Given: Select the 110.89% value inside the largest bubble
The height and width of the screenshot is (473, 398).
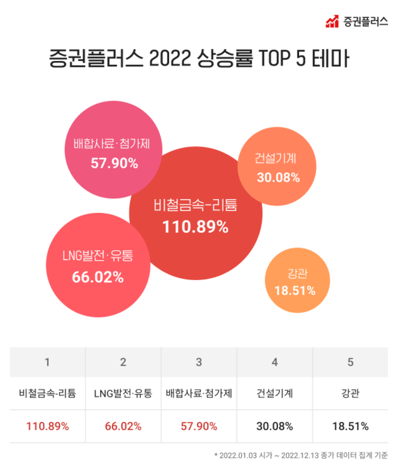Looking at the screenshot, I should [195, 227].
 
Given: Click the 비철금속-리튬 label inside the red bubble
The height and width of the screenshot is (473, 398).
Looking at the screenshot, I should [195, 205].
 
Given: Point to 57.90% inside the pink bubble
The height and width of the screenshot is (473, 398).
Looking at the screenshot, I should [114, 162].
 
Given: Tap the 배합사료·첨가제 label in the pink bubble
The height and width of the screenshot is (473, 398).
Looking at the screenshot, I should [114, 143].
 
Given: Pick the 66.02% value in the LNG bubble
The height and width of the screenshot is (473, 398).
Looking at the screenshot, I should [98, 277].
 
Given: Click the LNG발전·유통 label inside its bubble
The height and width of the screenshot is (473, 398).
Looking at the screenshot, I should [98, 255].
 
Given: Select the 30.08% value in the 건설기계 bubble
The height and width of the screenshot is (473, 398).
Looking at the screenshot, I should [279, 177].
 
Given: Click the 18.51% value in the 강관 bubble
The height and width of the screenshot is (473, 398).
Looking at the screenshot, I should [294, 290].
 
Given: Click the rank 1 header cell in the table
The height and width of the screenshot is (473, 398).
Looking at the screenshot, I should [47, 362].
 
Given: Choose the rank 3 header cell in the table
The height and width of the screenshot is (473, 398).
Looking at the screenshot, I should [199, 362].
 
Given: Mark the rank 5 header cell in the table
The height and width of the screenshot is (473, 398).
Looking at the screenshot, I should [351, 362].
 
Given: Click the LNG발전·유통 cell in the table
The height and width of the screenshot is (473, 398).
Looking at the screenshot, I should [123, 393].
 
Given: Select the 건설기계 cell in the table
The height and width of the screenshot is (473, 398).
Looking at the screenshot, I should [275, 393].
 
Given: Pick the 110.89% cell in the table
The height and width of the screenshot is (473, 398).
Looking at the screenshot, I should [47, 425].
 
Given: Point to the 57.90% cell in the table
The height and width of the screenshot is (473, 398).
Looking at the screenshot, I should [199, 425].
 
